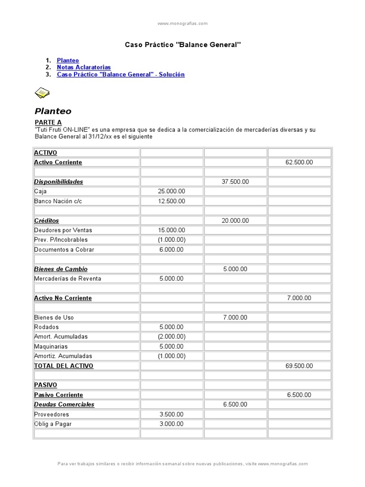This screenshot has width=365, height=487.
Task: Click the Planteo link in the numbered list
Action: (68, 60)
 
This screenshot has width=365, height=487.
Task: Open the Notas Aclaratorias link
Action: (84, 68)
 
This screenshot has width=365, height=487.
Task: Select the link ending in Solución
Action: (121, 75)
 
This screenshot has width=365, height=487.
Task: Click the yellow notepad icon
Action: (42, 93)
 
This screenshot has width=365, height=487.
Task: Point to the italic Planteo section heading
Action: (53, 111)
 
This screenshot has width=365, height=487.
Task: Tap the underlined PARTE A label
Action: (48, 123)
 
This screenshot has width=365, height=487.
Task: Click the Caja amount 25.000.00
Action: (172, 191)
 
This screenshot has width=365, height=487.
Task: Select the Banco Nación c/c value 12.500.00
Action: (172, 201)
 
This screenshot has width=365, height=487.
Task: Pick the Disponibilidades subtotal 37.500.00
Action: (235, 182)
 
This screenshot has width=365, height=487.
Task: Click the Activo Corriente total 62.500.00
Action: (299, 162)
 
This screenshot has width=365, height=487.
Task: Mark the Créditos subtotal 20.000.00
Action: (235, 221)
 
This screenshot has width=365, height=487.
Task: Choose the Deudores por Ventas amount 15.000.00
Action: (172, 230)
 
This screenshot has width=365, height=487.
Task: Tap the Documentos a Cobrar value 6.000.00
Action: (172, 250)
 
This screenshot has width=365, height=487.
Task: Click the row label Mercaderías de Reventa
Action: (67, 279)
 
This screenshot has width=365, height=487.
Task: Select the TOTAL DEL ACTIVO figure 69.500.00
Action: (299, 366)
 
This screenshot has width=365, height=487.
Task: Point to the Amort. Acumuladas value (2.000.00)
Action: (172, 337)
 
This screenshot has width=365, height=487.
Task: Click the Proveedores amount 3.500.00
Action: (172, 414)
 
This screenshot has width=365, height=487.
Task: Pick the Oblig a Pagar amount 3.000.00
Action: (172, 424)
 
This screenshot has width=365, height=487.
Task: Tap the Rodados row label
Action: (47, 327)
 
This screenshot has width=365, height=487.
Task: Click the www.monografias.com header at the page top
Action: (182, 23)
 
